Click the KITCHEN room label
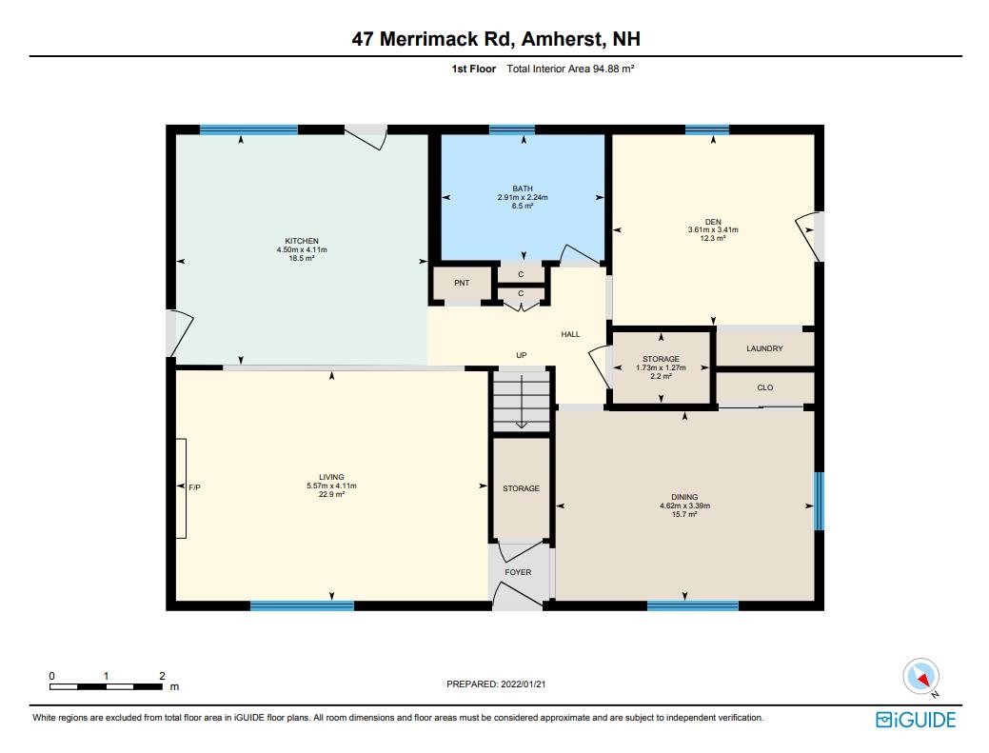coord(302,241)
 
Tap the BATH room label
coord(523,188)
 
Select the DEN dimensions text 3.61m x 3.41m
coord(713,230)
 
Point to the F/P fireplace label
coord(194,487)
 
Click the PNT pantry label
coord(462,283)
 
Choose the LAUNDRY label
coord(764,348)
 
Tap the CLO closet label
coord(765,387)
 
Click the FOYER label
coord(518,573)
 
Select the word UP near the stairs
coord(522,356)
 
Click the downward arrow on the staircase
coord(522,402)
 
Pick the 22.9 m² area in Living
coord(331,494)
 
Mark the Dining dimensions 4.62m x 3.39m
coord(684,505)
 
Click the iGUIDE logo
coord(915,720)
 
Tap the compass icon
coord(920,677)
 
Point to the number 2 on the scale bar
coord(162,676)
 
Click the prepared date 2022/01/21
coord(523,684)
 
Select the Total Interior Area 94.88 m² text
coord(570,69)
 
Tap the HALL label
coord(570,335)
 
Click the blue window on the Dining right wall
coord(819,501)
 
